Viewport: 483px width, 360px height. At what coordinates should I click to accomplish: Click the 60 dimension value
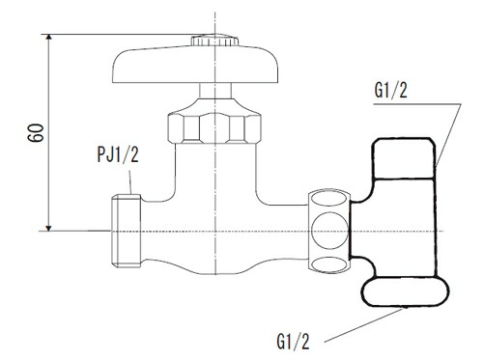[x=36, y=132]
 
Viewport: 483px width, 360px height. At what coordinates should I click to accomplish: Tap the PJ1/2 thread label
[x=118, y=154]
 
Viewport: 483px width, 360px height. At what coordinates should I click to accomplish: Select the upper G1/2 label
[x=390, y=90]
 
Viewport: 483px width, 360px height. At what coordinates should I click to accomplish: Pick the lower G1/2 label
[x=293, y=342]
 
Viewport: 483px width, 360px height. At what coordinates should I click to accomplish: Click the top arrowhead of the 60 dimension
[x=48, y=37]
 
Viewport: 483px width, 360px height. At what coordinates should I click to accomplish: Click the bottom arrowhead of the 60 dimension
[x=48, y=228]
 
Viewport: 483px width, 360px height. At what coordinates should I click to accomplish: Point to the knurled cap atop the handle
[x=214, y=41]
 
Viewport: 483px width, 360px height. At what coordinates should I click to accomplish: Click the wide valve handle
[x=195, y=65]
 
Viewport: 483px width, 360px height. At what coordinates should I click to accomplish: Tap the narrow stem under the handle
[x=215, y=91]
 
